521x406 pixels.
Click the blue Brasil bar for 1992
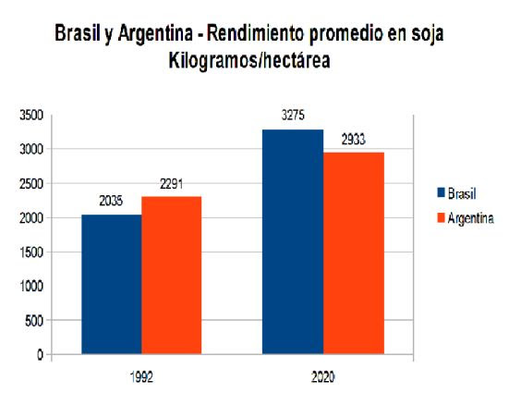(112, 284)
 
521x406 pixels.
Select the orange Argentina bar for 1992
(172, 276)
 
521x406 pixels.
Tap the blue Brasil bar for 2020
(293, 241)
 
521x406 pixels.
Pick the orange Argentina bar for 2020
(354, 253)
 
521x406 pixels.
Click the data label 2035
(111, 201)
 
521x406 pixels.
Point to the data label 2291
(172, 184)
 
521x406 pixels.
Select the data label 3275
(293, 116)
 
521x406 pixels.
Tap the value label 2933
(354, 140)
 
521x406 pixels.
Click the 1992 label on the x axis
(141, 377)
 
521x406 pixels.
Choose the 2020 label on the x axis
(323, 377)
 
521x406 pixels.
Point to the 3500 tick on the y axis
(31, 116)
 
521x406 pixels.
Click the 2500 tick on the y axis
(31, 184)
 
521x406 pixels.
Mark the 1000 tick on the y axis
(31, 286)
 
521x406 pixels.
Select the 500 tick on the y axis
(34, 321)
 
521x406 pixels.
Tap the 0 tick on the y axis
(40, 355)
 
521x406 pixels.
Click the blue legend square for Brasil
(441, 192)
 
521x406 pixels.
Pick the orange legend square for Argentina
(441, 218)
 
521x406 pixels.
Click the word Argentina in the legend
(470, 218)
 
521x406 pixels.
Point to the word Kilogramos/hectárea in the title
(249, 60)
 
